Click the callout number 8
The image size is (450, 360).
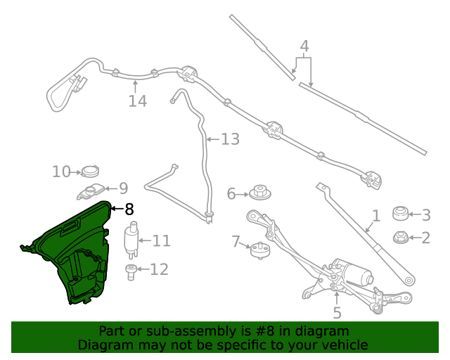click(x=129, y=209)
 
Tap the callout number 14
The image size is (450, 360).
click(x=138, y=101)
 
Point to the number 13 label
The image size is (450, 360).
click(x=230, y=139)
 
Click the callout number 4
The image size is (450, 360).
click(x=304, y=48)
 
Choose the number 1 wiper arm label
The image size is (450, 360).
click(x=376, y=215)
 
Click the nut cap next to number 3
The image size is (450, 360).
click(x=400, y=213)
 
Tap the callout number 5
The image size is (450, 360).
click(x=337, y=313)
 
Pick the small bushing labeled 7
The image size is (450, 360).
click(x=260, y=249)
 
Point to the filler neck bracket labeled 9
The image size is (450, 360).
click(x=92, y=190)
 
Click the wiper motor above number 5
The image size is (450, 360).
click(x=352, y=273)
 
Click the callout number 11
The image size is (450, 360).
click(x=162, y=241)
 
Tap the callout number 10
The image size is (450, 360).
click(x=61, y=171)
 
